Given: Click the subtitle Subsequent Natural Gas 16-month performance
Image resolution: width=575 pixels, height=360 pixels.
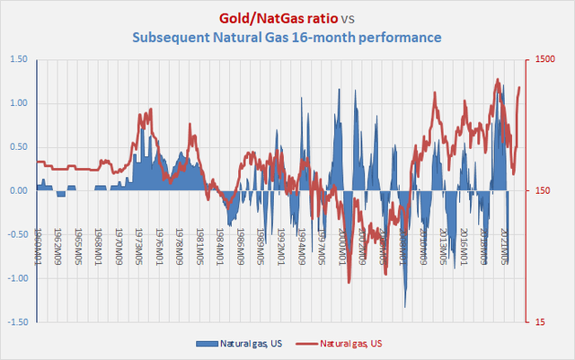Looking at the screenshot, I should (x=287, y=38).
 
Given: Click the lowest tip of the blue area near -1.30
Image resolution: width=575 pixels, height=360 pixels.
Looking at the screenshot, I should (x=405, y=308).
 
